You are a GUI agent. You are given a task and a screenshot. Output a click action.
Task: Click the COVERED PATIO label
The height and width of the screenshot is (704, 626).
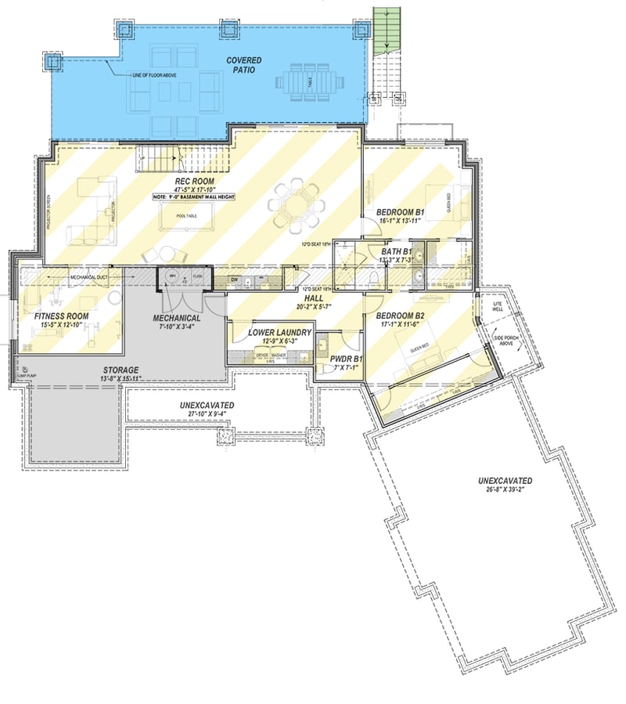[x=243, y=65]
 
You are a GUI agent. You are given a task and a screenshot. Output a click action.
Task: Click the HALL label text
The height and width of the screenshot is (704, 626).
[x=315, y=298]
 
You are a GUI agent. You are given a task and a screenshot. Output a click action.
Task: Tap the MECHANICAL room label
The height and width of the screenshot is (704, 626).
[x=177, y=318]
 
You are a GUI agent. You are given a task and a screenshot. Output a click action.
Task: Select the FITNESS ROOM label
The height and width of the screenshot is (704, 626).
[x=61, y=316]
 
